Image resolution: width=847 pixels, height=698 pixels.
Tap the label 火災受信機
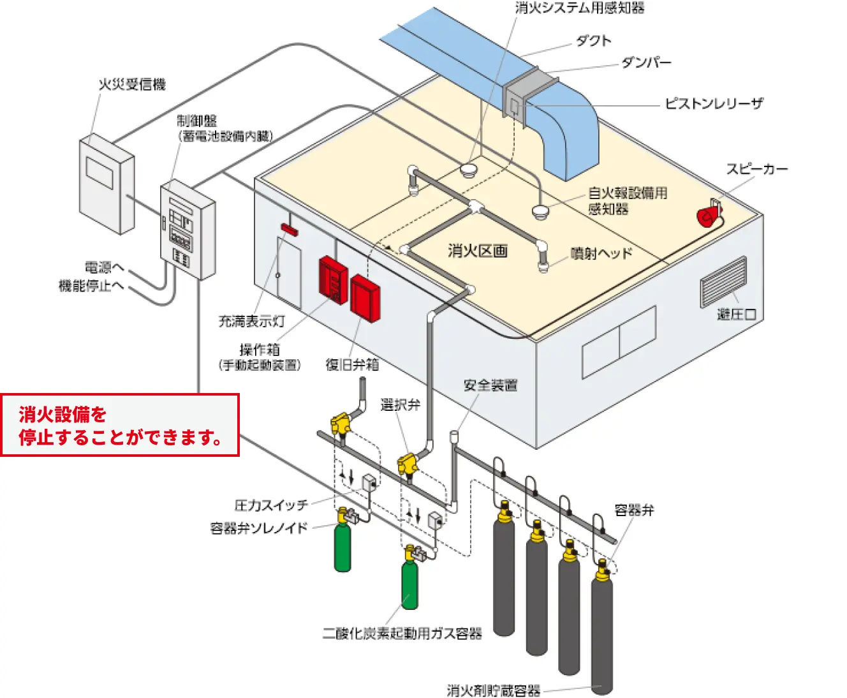tap(132, 84)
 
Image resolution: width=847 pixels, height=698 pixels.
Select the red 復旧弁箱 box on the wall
tap(365, 297)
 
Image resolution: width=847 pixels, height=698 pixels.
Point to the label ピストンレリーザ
tap(714, 103)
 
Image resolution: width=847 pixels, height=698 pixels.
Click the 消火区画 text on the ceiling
tap(477, 251)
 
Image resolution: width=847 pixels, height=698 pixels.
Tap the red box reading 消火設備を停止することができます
tap(120, 426)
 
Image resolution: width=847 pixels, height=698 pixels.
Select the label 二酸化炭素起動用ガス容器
tap(402, 634)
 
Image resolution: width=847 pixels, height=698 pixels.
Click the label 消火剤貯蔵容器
tap(494, 690)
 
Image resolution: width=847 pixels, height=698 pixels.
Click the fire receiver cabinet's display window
tap(99, 172)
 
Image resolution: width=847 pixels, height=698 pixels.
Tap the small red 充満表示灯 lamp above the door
tap(289, 228)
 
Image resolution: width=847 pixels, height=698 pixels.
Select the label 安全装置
tap(490, 385)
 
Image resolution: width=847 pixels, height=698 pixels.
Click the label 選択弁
tap(400, 405)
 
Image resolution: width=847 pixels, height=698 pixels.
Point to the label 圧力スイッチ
tap(271, 505)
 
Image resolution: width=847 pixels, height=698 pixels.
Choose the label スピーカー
tap(757, 169)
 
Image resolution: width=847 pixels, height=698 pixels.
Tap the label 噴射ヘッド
tap(601, 253)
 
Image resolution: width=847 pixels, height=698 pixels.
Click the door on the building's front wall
tap(289, 271)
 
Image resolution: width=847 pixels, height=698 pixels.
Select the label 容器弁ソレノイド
tap(259, 528)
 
